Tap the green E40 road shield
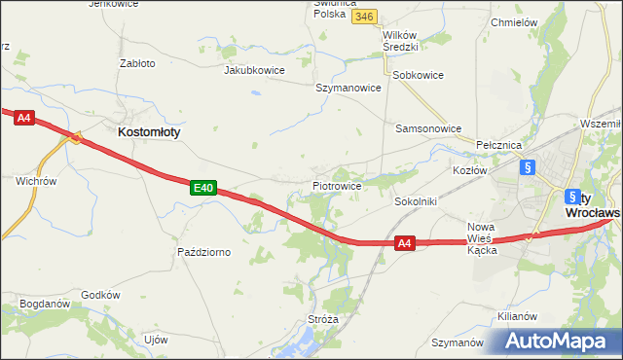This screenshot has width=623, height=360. [202, 187]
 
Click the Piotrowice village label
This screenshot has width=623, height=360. [337, 185]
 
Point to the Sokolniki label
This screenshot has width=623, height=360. [415, 201]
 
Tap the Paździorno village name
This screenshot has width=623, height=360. [203, 252]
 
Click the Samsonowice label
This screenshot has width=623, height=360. [427, 128]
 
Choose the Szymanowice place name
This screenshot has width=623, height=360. [348, 88]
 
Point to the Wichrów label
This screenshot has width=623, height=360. [36, 181]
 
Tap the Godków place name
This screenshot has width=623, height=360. [100, 295]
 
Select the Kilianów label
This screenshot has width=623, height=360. [517, 316]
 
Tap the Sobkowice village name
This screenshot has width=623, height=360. [418, 75]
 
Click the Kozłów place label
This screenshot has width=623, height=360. [469, 170]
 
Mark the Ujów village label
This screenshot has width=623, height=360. [156, 340]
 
